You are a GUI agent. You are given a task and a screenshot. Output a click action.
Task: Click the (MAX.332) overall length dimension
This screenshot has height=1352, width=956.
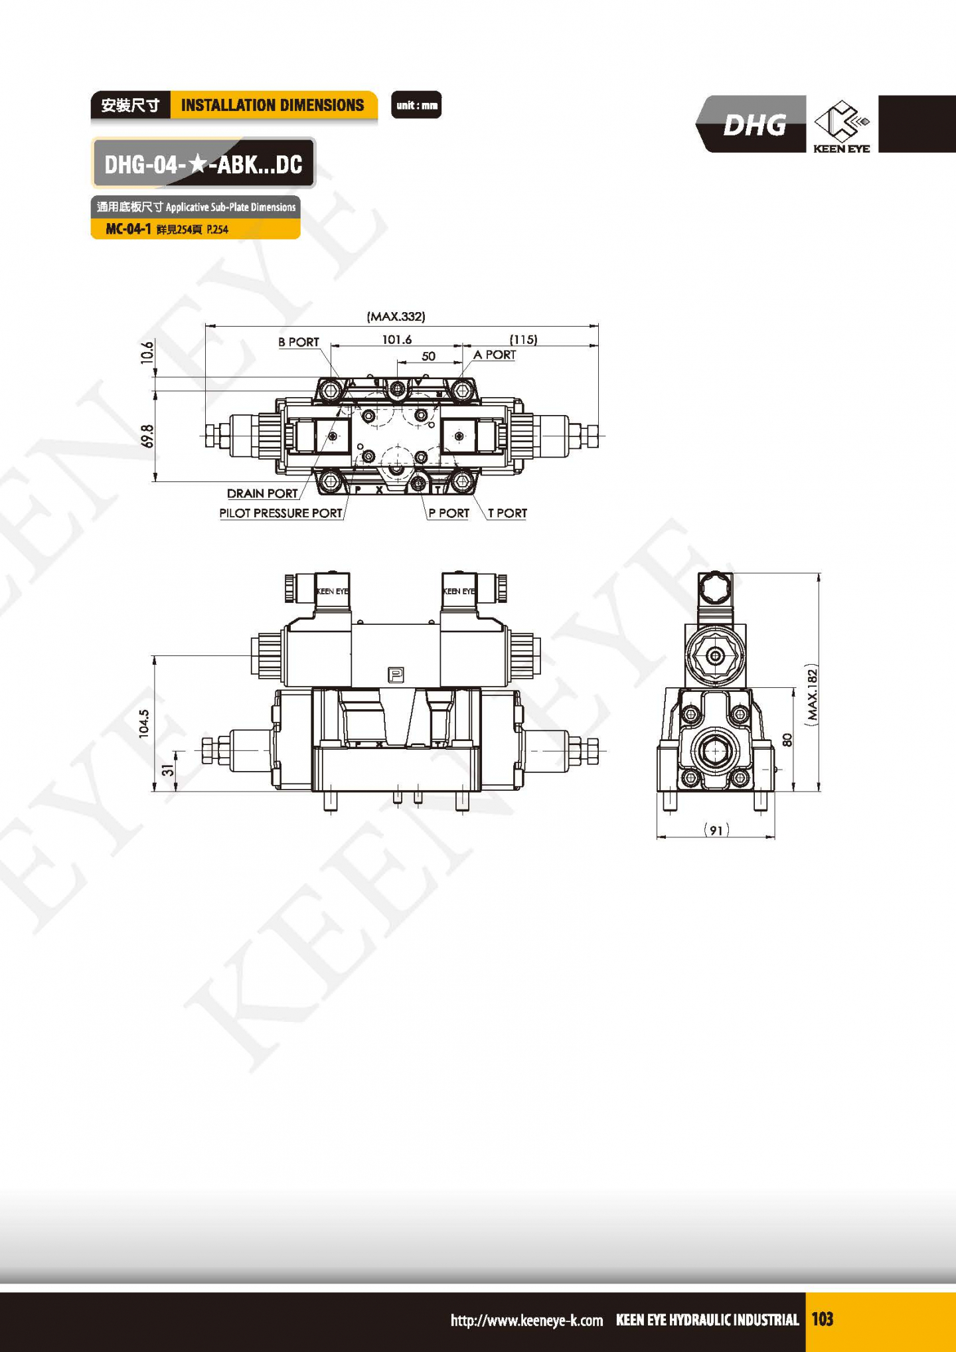tap(396, 317)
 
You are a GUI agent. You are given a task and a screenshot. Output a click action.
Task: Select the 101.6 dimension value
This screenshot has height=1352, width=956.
tap(396, 340)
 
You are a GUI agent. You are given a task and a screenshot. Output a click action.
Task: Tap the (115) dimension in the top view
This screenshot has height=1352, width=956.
tap(523, 340)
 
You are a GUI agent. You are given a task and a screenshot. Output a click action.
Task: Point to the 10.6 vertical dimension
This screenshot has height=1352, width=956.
tap(147, 352)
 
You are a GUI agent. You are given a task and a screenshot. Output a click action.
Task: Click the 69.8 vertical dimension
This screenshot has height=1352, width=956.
tap(147, 436)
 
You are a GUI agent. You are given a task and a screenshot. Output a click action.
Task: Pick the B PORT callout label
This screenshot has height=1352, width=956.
tap(299, 342)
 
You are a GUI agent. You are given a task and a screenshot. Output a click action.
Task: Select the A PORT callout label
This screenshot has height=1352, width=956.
tap(495, 355)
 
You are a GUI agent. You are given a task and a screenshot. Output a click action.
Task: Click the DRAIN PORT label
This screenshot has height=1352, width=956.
tap(262, 493)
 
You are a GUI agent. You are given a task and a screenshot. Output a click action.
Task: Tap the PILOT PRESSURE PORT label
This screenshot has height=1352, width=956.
tap(281, 513)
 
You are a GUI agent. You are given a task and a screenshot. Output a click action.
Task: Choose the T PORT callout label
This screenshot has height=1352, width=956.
tap(507, 513)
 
